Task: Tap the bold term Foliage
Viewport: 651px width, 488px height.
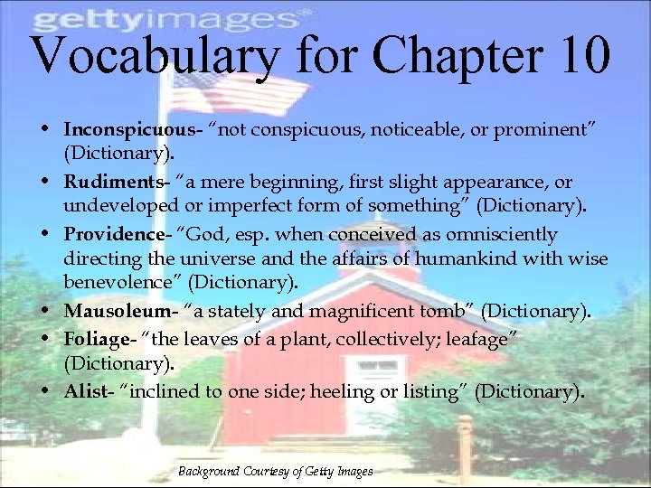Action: (97, 339)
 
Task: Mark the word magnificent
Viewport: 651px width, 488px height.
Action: (360, 312)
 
